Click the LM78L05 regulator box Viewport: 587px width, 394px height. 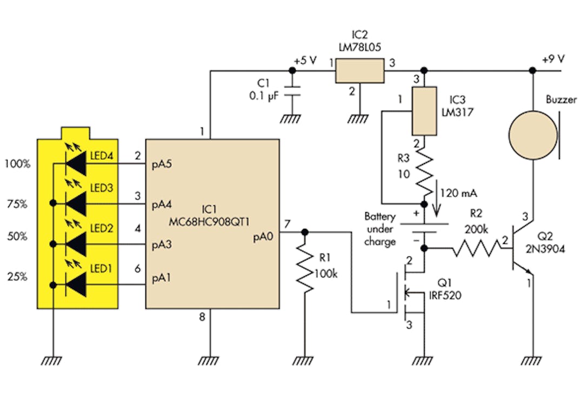point(359,70)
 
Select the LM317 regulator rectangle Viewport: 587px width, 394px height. point(424,111)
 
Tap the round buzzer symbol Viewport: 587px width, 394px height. point(533,135)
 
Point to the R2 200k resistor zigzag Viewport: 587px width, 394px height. point(476,248)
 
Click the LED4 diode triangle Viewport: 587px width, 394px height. point(76,164)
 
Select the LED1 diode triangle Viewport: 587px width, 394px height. point(76,285)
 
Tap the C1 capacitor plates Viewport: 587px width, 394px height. point(292,91)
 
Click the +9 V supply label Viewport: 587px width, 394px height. point(553,59)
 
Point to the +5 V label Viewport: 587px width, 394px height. point(305,60)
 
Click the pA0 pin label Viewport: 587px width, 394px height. point(263,237)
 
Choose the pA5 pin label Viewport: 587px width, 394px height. point(162,165)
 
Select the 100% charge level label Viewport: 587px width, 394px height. point(17,164)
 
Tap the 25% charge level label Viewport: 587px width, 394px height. point(17,277)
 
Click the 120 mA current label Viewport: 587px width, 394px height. point(458,193)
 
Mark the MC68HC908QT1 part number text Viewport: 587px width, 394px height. point(209,222)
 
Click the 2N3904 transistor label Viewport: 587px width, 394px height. point(545,249)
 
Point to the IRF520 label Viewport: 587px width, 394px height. point(445,295)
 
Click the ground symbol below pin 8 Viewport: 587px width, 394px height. point(208,361)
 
